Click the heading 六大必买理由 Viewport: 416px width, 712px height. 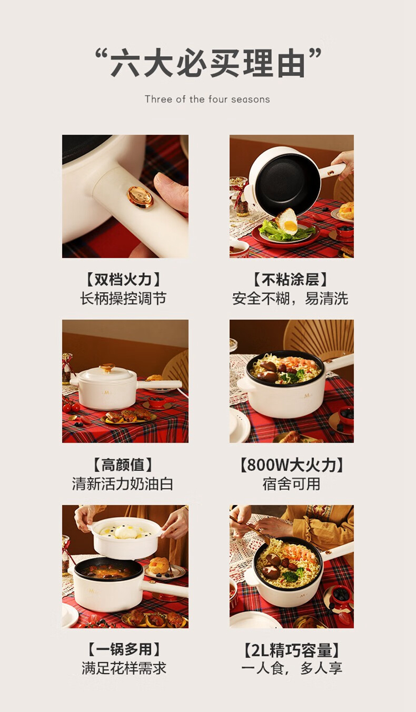point(208,63)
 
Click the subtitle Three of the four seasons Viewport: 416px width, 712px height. point(207,99)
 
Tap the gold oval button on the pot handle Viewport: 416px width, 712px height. point(140,197)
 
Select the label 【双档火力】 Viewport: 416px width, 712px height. point(124,279)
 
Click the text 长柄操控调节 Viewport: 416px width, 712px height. point(123,298)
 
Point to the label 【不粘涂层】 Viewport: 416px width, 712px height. point(291,279)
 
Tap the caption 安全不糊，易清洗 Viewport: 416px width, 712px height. point(291,298)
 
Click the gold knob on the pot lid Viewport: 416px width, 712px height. point(107,368)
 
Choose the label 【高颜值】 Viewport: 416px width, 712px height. point(123,465)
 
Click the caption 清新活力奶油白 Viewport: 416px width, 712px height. point(123,484)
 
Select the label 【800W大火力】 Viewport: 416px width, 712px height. point(291,465)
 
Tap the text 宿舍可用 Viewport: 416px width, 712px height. point(291,484)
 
